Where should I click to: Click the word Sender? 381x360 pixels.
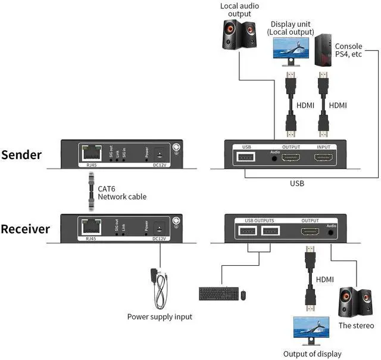(x=21, y=155)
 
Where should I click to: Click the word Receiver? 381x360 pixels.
(x=26, y=229)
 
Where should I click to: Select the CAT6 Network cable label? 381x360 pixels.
(x=121, y=192)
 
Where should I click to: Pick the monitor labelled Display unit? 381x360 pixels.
(x=292, y=50)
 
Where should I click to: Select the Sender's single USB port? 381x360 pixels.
(x=245, y=157)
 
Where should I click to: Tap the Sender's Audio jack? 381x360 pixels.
(x=274, y=159)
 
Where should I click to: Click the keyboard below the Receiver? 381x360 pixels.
(x=218, y=294)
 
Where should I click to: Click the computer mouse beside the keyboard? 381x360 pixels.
(x=243, y=294)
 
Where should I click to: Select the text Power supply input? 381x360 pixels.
(x=160, y=316)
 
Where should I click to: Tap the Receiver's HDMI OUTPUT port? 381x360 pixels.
(x=310, y=232)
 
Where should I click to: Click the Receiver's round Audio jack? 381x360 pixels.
(x=330, y=234)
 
